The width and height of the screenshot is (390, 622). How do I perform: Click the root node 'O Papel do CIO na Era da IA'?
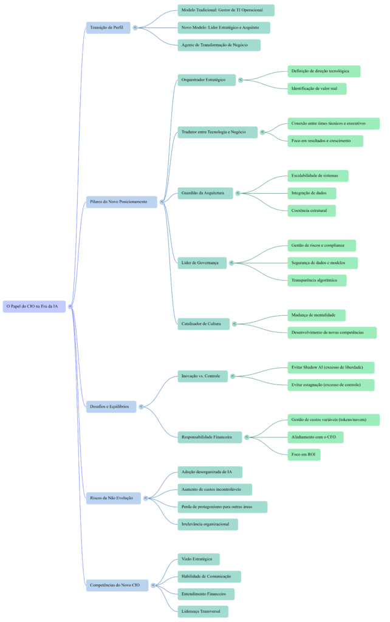33,306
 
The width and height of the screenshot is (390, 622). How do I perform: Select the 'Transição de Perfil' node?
108,27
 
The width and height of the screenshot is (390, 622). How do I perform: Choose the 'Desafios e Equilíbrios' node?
111,407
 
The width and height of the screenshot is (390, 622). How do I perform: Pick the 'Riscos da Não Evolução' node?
114,498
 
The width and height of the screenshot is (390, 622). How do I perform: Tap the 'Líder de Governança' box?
202,262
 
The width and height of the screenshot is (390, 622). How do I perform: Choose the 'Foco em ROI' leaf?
304,454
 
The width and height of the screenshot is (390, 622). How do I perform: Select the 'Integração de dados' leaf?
312,193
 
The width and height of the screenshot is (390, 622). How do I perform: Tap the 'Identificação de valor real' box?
316,89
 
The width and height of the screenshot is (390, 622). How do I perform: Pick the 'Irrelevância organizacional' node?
208,524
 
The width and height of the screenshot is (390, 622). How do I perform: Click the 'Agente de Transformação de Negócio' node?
219,45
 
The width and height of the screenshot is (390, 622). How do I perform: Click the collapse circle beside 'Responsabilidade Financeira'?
247,437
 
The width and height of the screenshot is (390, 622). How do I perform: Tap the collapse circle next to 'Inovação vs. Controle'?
233,377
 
